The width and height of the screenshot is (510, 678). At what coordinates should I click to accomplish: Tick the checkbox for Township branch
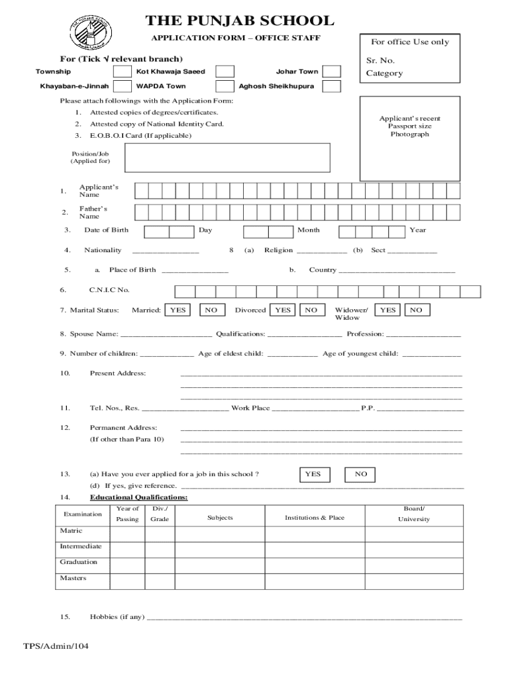pyautogui.click(x=122, y=72)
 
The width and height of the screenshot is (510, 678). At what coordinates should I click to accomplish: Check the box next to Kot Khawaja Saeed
pyautogui.click(x=225, y=72)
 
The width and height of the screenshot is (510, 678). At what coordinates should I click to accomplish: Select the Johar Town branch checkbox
pyautogui.click(x=331, y=72)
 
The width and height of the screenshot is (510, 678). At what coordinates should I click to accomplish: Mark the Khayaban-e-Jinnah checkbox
pyautogui.click(x=122, y=87)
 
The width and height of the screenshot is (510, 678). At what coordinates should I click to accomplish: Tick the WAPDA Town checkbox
pyautogui.click(x=225, y=87)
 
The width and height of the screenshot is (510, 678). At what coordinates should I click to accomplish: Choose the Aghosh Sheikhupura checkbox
pyautogui.click(x=331, y=87)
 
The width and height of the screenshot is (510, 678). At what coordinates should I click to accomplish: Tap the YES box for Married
pyautogui.click(x=178, y=310)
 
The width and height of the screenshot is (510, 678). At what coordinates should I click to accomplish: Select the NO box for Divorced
pyautogui.click(x=311, y=310)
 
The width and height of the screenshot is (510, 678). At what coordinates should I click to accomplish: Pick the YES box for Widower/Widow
pyautogui.click(x=388, y=310)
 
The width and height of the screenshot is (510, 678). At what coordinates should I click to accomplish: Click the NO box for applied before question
pyautogui.click(x=360, y=474)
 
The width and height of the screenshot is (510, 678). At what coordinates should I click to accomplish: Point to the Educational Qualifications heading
pyautogui.click(x=138, y=497)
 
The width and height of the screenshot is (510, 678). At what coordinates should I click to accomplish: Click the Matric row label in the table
pyautogui.click(x=72, y=531)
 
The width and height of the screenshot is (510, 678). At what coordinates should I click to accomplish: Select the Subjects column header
pyautogui.click(x=220, y=517)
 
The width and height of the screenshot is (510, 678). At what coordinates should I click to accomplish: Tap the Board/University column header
pyautogui.click(x=413, y=514)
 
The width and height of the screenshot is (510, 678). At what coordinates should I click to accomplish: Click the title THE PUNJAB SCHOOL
pyautogui.click(x=239, y=21)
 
